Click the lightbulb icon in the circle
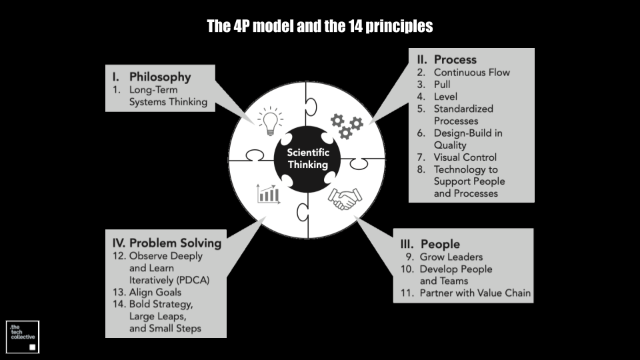270,121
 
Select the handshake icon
345,199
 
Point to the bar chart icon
268,194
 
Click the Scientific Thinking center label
308,159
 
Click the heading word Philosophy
160,77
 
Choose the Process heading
455,59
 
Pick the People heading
440,244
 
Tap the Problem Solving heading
175,243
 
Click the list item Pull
442,85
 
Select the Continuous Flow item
472,73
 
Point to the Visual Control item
465,157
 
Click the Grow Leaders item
451,257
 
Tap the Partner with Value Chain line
475,293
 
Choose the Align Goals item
155,292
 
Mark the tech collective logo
23,337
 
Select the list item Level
445,97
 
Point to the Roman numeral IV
119,243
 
